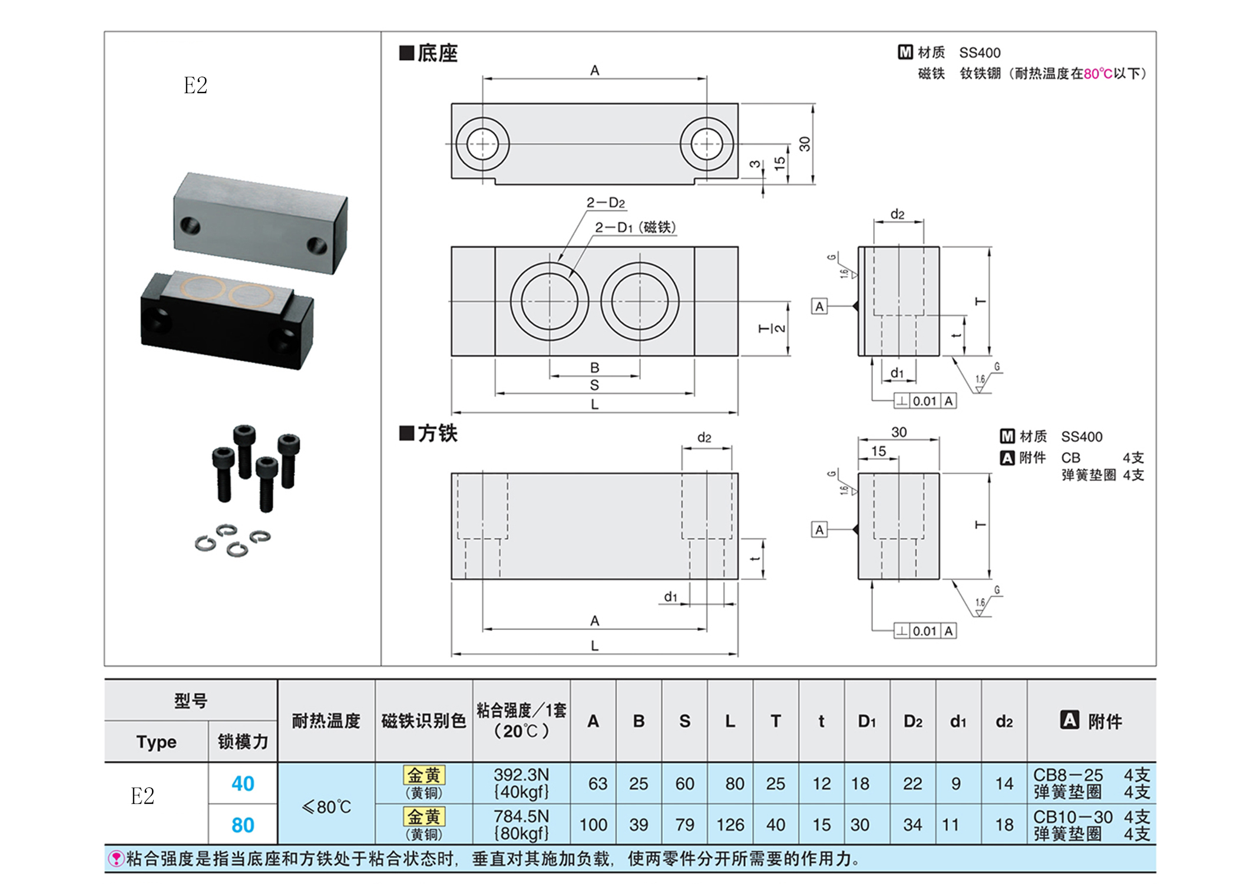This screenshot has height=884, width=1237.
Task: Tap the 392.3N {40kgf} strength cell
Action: [521, 783]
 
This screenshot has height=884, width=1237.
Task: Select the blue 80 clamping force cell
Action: [243, 824]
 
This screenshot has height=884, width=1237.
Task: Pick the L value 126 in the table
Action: [730, 824]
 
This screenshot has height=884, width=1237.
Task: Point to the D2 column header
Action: [912, 721]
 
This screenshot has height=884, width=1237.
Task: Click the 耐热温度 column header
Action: [326, 720]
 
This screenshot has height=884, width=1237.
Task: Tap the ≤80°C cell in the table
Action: [326, 806]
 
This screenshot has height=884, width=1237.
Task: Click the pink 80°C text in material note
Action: [1097, 74]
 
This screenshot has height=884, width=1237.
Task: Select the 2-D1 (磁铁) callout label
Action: [635, 227]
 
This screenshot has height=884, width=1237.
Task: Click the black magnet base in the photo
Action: [227, 321]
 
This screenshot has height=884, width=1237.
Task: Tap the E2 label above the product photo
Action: [195, 86]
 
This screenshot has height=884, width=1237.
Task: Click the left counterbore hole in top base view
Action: [482, 144]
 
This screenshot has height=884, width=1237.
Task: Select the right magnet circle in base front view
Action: [640, 301]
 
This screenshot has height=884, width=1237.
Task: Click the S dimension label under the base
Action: [594, 385]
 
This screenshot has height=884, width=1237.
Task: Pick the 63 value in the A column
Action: [597, 783]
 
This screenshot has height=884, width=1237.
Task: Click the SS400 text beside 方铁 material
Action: [1081, 437]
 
